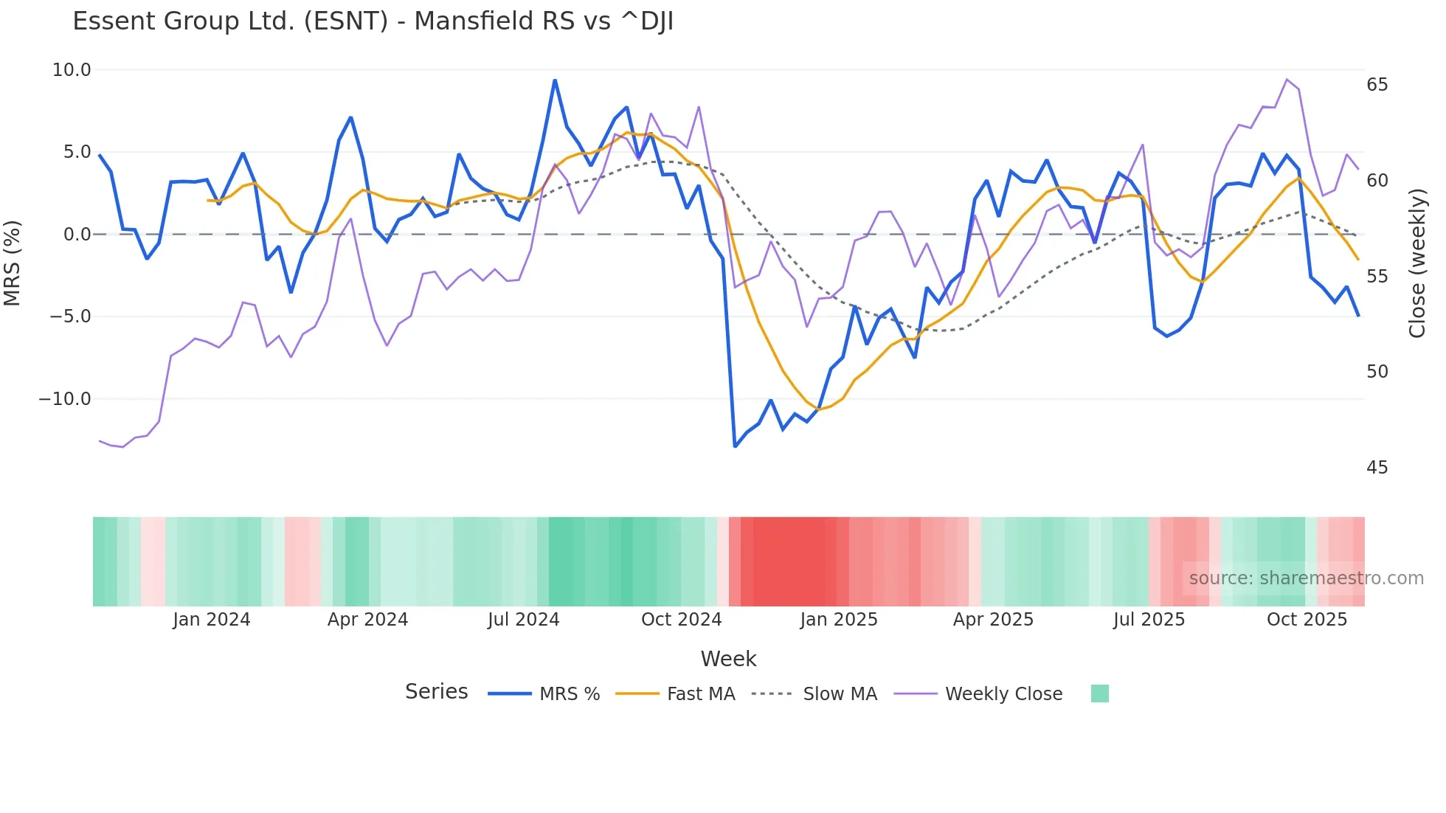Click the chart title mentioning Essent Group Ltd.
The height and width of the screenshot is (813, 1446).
373,21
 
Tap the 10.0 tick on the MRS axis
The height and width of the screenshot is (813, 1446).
72,70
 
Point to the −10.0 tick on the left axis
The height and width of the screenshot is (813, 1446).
65,399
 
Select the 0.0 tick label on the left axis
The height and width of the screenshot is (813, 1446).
77,235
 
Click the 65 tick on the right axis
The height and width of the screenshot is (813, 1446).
1377,85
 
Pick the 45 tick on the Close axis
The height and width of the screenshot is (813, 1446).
1377,468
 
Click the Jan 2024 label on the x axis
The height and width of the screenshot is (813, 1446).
212,620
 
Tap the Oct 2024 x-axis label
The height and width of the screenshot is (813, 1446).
681,620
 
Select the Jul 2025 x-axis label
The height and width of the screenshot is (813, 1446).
1149,620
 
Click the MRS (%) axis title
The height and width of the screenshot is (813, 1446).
13,263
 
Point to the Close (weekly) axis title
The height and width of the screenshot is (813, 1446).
1417,263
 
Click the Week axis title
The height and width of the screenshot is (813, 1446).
728,659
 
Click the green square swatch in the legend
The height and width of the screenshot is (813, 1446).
1099,693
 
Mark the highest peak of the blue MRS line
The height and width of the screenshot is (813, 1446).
555,80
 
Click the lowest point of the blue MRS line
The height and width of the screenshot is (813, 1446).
735,446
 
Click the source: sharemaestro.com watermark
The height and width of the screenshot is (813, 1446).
1306,578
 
